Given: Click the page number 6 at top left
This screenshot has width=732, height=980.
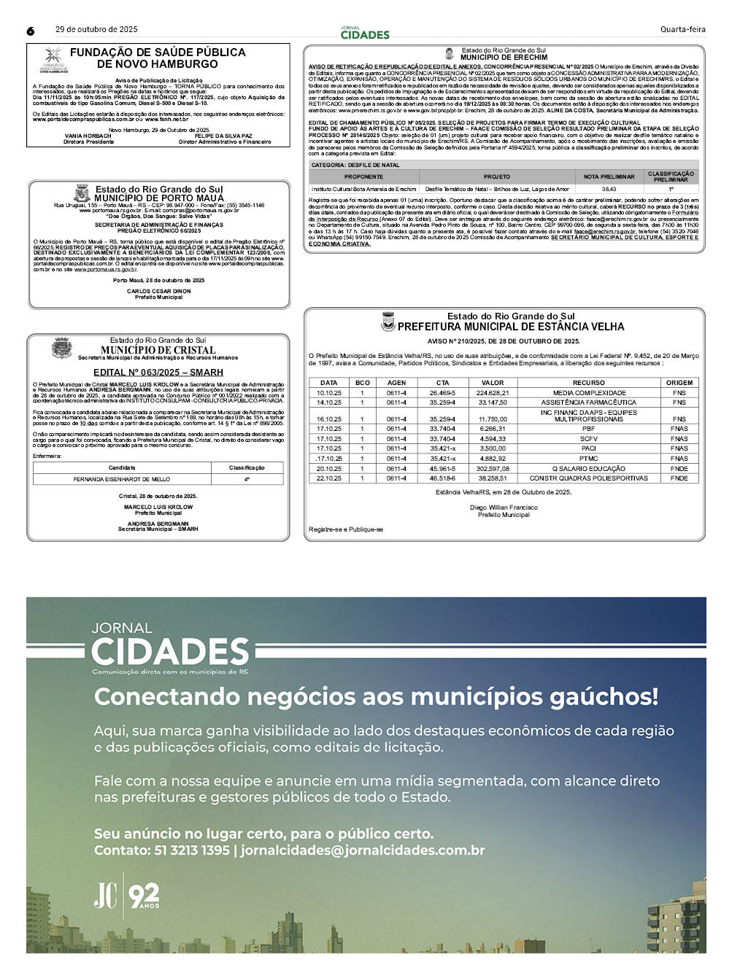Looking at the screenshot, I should click(x=31, y=31).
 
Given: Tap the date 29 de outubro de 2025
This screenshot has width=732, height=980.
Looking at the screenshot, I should click(x=96, y=30).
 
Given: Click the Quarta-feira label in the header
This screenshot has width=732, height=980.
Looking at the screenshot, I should click(x=682, y=30).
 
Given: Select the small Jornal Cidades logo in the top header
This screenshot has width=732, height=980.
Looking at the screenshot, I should click(x=365, y=32).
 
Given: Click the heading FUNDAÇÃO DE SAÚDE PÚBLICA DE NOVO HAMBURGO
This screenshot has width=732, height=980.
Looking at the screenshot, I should click(x=158, y=58).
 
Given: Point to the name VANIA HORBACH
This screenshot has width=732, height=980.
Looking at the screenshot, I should click(x=88, y=136).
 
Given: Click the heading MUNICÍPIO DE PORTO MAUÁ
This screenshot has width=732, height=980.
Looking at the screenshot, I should click(x=159, y=198).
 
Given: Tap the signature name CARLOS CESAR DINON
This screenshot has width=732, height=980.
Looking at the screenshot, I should click(x=158, y=291).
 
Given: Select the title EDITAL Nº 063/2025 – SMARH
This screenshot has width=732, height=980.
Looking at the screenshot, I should click(x=158, y=373).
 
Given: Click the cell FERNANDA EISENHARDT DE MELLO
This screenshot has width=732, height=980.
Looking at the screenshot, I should click(x=122, y=479).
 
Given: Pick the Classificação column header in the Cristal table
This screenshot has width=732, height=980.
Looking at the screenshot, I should click(x=247, y=467).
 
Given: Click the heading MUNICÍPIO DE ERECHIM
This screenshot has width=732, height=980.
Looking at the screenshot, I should click(x=504, y=57).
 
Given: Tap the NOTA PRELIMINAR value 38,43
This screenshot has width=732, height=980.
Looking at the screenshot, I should click(x=609, y=189).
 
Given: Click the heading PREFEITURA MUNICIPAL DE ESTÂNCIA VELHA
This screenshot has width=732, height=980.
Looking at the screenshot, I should click(x=511, y=327).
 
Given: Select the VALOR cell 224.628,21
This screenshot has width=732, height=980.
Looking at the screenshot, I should click(x=493, y=393).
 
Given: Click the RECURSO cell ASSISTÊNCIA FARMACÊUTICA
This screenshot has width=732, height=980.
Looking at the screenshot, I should click(x=588, y=402).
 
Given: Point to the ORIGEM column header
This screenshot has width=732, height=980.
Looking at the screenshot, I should click(x=679, y=383).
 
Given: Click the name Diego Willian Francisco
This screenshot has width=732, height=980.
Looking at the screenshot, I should click(x=504, y=507).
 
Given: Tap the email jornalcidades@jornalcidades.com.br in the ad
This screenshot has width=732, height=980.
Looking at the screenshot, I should click(x=363, y=850).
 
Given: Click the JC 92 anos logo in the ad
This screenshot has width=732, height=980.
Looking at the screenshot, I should click(x=126, y=895).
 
